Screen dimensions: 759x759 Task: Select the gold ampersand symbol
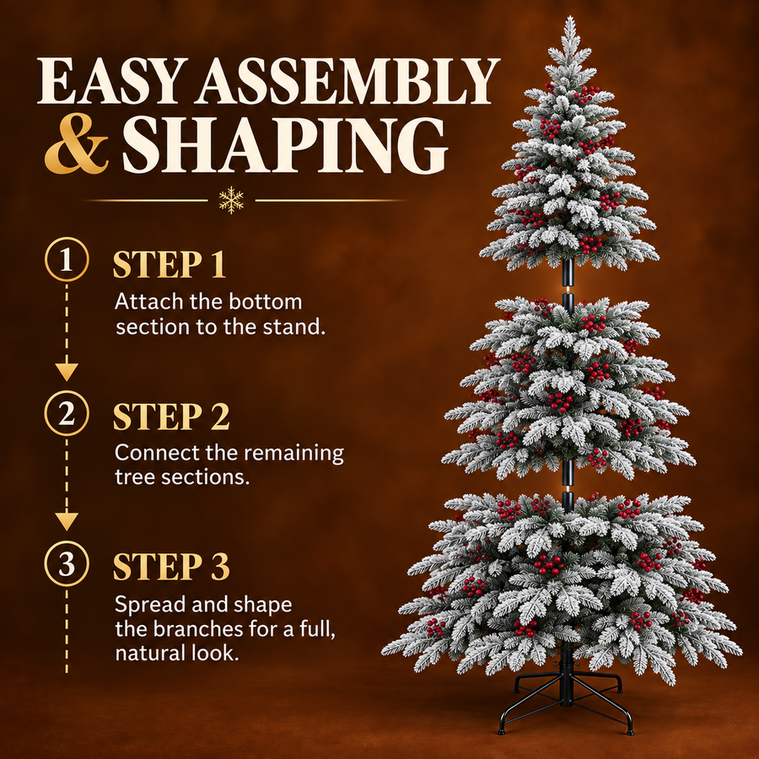coord(77,143)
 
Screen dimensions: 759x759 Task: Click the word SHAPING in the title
coord(285,145)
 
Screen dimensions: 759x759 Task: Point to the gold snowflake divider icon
coord(231,200)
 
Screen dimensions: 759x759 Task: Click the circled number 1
coord(67,259)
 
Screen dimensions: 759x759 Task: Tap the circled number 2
coord(67,413)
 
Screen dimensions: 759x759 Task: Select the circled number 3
coord(67,563)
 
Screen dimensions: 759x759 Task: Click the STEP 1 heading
coord(170,264)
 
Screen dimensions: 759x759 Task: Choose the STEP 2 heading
coord(171,417)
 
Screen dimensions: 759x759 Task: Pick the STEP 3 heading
coord(171,567)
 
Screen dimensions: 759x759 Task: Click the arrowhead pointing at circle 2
coord(67,371)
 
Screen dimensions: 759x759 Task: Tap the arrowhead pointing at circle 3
coord(67,521)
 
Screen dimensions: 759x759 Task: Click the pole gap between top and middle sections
coord(568,289)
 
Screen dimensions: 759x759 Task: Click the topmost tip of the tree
coord(570,17)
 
